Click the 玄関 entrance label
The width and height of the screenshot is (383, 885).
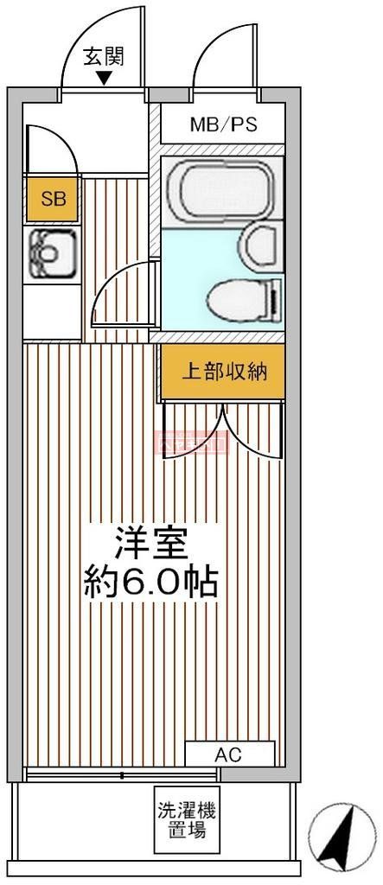pyautogui.click(x=103, y=57)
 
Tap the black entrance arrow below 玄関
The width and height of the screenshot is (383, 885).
pyautogui.click(x=104, y=79)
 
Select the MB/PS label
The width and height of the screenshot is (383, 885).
pyautogui.click(x=223, y=124)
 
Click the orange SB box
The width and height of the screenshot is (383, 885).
pyautogui.click(x=53, y=200)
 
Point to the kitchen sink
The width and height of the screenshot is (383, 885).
pyautogui.click(x=47, y=253)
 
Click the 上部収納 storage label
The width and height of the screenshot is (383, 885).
pyautogui.click(x=222, y=372)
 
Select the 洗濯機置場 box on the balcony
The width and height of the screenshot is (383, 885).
pyautogui.click(x=187, y=820)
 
